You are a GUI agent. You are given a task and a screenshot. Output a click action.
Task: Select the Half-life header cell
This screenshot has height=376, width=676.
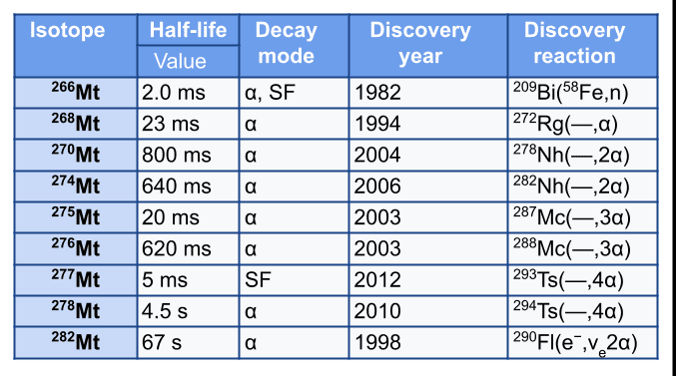[x=188, y=30]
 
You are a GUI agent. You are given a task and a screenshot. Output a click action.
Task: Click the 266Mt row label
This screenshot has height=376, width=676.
[x=76, y=92]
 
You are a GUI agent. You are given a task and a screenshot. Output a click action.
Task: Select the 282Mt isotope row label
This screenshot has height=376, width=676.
[x=76, y=341]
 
